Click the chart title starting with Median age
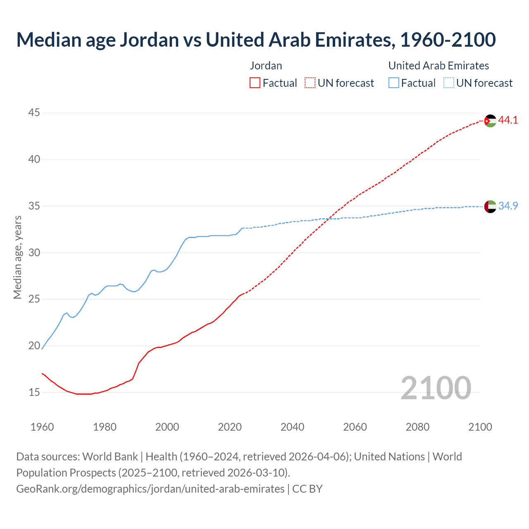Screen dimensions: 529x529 pyautogui.click(x=256, y=40)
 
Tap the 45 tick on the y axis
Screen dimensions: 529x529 pyautogui.click(x=34, y=112)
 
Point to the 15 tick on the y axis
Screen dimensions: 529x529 pyautogui.click(x=34, y=392)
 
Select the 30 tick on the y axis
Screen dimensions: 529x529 pyautogui.click(x=34, y=252)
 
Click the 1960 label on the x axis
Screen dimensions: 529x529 pyautogui.click(x=42, y=427)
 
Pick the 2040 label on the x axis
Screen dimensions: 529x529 pyautogui.click(x=292, y=427)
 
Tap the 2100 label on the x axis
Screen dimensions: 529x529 pyautogui.click(x=480, y=427)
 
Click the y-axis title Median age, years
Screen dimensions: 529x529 pyautogui.click(x=17, y=257)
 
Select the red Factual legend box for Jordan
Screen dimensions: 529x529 pyautogui.click(x=255, y=83)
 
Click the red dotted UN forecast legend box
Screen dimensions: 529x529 pyautogui.click(x=310, y=83)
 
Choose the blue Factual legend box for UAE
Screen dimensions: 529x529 pyautogui.click(x=394, y=83)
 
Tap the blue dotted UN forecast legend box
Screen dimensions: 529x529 pyautogui.click(x=449, y=83)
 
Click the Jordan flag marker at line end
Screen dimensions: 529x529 pyautogui.click(x=490, y=121)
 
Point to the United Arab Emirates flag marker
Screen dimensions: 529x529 pyautogui.click(x=490, y=206)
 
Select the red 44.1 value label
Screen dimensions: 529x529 pyautogui.click(x=508, y=120)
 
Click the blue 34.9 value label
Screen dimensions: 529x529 pyautogui.click(x=508, y=206)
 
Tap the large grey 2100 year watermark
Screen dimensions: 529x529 pyautogui.click(x=436, y=388)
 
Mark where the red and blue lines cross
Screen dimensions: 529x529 pyautogui.click(x=328, y=219)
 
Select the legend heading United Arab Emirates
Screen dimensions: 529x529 pyautogui.click(x=438, y=66)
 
